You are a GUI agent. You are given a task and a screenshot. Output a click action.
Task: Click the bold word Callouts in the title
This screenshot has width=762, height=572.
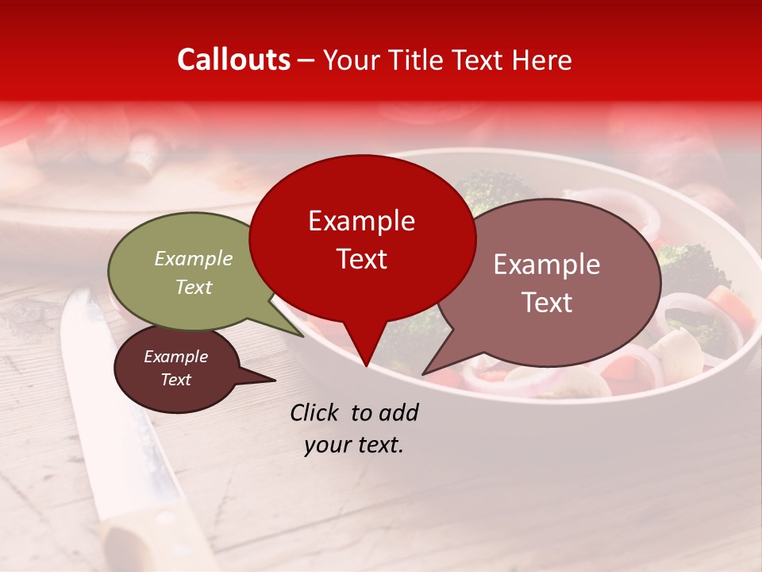click(x=233, y=60)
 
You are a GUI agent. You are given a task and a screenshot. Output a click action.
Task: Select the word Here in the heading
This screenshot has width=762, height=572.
click(x=541, y=60)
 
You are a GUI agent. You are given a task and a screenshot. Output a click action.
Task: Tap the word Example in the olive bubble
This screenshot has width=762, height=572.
click(x=194, y=258)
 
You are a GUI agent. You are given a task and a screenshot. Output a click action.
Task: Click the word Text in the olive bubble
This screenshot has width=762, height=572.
click(x=194, y=287)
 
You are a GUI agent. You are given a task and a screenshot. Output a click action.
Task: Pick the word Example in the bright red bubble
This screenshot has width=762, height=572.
click(x=361, y=221)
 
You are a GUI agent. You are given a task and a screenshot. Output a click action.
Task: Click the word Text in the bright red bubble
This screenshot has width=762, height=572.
click(x=361, y=258)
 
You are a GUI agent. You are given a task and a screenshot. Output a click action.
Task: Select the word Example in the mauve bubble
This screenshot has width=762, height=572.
click(x=547, y=265)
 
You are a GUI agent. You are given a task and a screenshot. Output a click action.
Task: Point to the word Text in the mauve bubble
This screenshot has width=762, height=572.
click(x=547, y=302)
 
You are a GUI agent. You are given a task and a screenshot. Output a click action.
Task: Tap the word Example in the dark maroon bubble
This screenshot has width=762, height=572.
click(x=176, y=357)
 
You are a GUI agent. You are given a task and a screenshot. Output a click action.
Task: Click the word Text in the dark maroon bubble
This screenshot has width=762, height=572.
click(x=176, y=380)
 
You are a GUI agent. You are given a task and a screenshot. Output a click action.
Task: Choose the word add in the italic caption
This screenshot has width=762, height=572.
click(x=400, y=412)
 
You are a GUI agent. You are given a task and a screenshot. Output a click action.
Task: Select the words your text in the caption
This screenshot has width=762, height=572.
click(x=354, y=445)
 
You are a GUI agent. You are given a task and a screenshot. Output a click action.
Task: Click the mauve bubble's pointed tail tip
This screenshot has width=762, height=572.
click(x=423, y=373)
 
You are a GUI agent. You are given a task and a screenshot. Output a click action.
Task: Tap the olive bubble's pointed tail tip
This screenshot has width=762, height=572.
click(x=302, y=336)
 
